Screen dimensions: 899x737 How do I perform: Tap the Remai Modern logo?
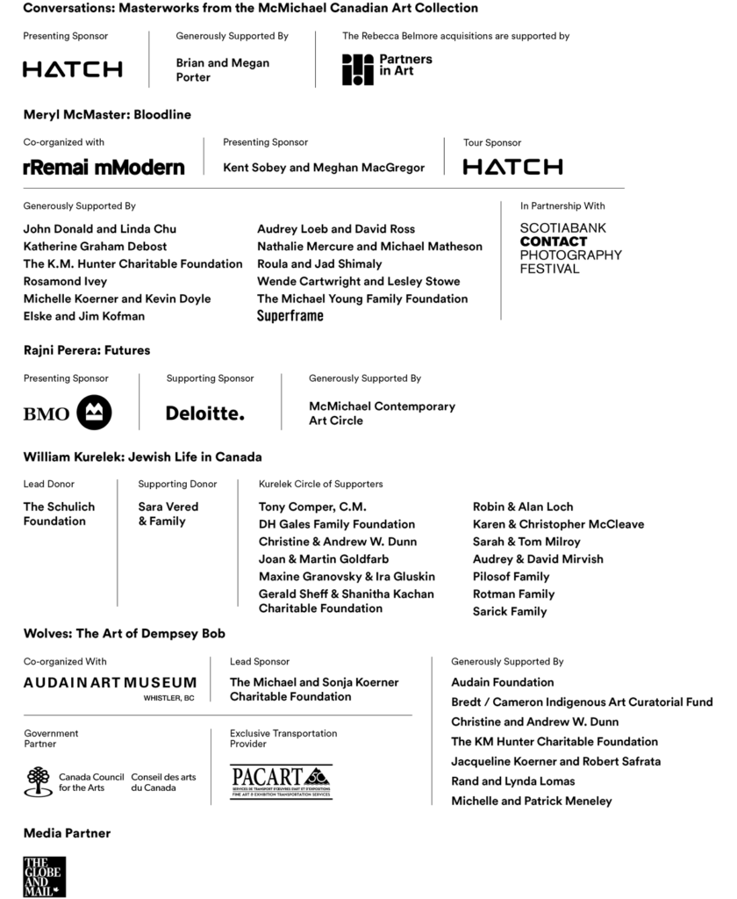coord(104,167)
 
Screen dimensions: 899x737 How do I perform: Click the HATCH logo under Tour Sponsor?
coord(512,167)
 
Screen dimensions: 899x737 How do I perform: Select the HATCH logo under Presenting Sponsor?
coord(72,69)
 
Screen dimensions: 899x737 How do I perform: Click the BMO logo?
coord(68,413)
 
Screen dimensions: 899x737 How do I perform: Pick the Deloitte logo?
coord(205,413)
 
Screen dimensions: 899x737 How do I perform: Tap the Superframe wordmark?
coord(290,316)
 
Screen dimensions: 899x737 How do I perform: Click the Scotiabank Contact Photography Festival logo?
coord(570,248)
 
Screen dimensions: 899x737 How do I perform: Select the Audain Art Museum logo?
coord(110,683)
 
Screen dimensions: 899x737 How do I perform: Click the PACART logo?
coord(281,780)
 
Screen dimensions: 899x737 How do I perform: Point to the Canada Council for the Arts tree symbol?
coord(39,780)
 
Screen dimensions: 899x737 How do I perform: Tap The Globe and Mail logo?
coord(44,876)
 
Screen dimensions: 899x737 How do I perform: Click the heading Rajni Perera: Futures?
coord(87,350)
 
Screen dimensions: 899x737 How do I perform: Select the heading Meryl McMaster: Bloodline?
coord(107,114)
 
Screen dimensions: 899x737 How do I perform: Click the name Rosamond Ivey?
coord(65,281)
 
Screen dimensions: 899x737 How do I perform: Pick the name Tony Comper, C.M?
coord(312,507)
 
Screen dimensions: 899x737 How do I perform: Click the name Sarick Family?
coord(510,611)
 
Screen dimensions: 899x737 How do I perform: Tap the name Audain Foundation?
coord(503,682)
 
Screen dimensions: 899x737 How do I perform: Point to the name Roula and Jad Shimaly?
coord(319,263)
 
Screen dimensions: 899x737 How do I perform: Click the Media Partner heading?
coord(67,832)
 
